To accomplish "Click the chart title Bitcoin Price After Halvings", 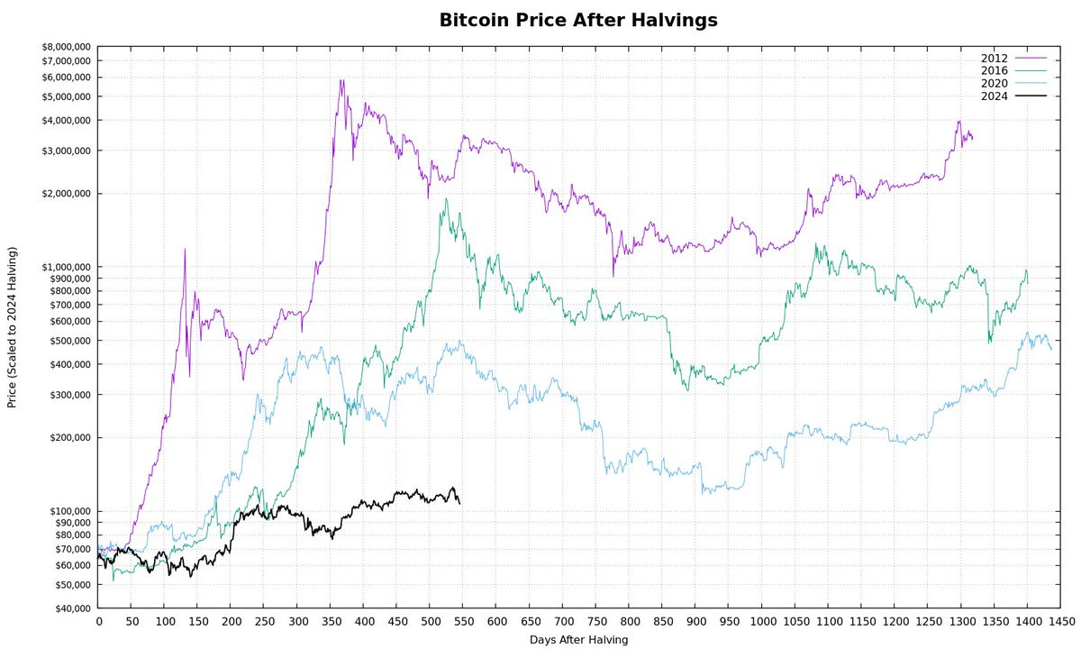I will (x=578, y=21).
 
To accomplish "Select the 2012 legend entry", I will (x=994, y=59).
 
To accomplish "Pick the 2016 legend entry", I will (x=994, y=70).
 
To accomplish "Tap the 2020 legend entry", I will (x=994, y=83).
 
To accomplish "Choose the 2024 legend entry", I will (x=994, y=95).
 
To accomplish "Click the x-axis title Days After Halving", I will (x=578, y=639).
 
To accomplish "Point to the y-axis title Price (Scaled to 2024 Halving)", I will (x=13, y=327).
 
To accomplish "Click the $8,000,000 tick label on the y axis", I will (x=65, y=47).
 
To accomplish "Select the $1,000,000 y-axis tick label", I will (x=65, y=267).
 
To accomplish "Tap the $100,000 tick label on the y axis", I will (x=68, y=511).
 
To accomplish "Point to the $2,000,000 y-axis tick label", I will (x=65, y=193).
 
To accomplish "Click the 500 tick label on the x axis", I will (x=431, y=622).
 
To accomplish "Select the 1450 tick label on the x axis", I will (x=1060, y=622).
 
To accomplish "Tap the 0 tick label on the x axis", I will (x=98, y=622).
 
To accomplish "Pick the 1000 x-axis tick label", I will (x=762, y=622).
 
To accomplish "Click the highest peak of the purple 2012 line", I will (x=341, y=80).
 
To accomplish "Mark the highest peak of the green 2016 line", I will (x=445, y=199).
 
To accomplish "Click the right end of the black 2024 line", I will (x=459, y=503).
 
